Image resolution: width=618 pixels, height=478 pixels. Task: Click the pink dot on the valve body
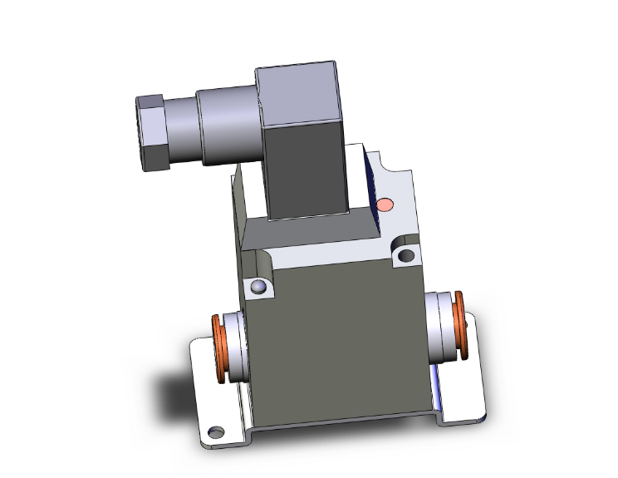385,205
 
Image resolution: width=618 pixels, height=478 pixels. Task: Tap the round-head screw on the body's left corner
259,288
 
